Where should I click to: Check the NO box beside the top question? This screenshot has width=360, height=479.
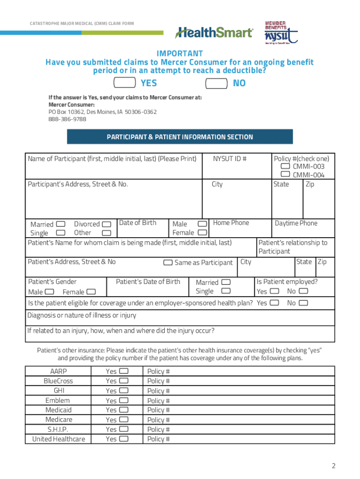217,83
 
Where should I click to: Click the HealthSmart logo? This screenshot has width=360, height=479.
214,33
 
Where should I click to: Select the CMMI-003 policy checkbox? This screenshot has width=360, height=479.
285,167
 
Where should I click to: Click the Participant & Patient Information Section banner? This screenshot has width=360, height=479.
180,137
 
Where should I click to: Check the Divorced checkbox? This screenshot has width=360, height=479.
107,224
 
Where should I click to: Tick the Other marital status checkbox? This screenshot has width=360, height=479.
107,233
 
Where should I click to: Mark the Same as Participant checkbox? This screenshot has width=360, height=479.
168,262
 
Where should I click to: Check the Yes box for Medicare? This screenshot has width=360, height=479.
124,420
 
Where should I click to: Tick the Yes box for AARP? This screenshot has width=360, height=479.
124,371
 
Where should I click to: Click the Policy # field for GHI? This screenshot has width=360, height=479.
238,391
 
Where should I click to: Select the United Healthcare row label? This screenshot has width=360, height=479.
58,439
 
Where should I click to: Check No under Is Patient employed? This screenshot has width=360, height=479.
303,291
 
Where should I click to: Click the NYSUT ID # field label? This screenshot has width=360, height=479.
230,159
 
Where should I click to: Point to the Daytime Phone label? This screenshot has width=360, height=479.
296,223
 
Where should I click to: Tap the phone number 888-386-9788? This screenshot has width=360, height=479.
67,119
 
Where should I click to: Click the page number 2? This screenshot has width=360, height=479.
333,465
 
